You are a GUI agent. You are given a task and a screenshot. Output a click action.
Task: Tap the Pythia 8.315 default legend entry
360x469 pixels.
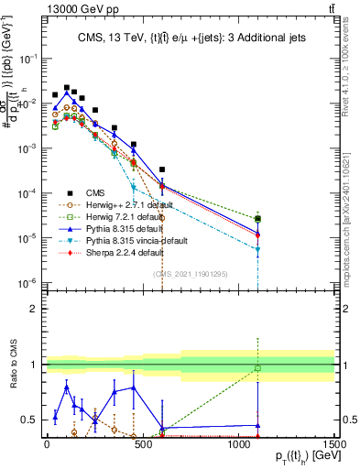(122, 228)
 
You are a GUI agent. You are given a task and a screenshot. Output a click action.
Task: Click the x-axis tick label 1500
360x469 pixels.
(334, 443)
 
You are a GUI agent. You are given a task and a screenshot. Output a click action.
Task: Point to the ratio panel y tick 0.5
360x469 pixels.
(34, 420)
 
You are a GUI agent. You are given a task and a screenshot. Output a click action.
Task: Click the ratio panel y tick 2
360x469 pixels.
(38, 309)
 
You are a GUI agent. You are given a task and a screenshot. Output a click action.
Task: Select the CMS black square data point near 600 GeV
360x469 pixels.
(162, 169)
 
